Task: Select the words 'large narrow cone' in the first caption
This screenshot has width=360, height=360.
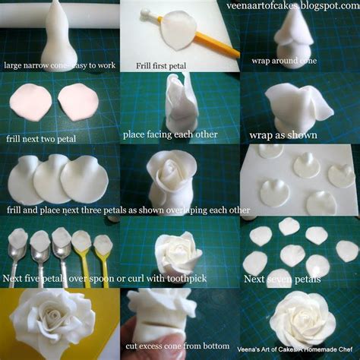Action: coord(33,65)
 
